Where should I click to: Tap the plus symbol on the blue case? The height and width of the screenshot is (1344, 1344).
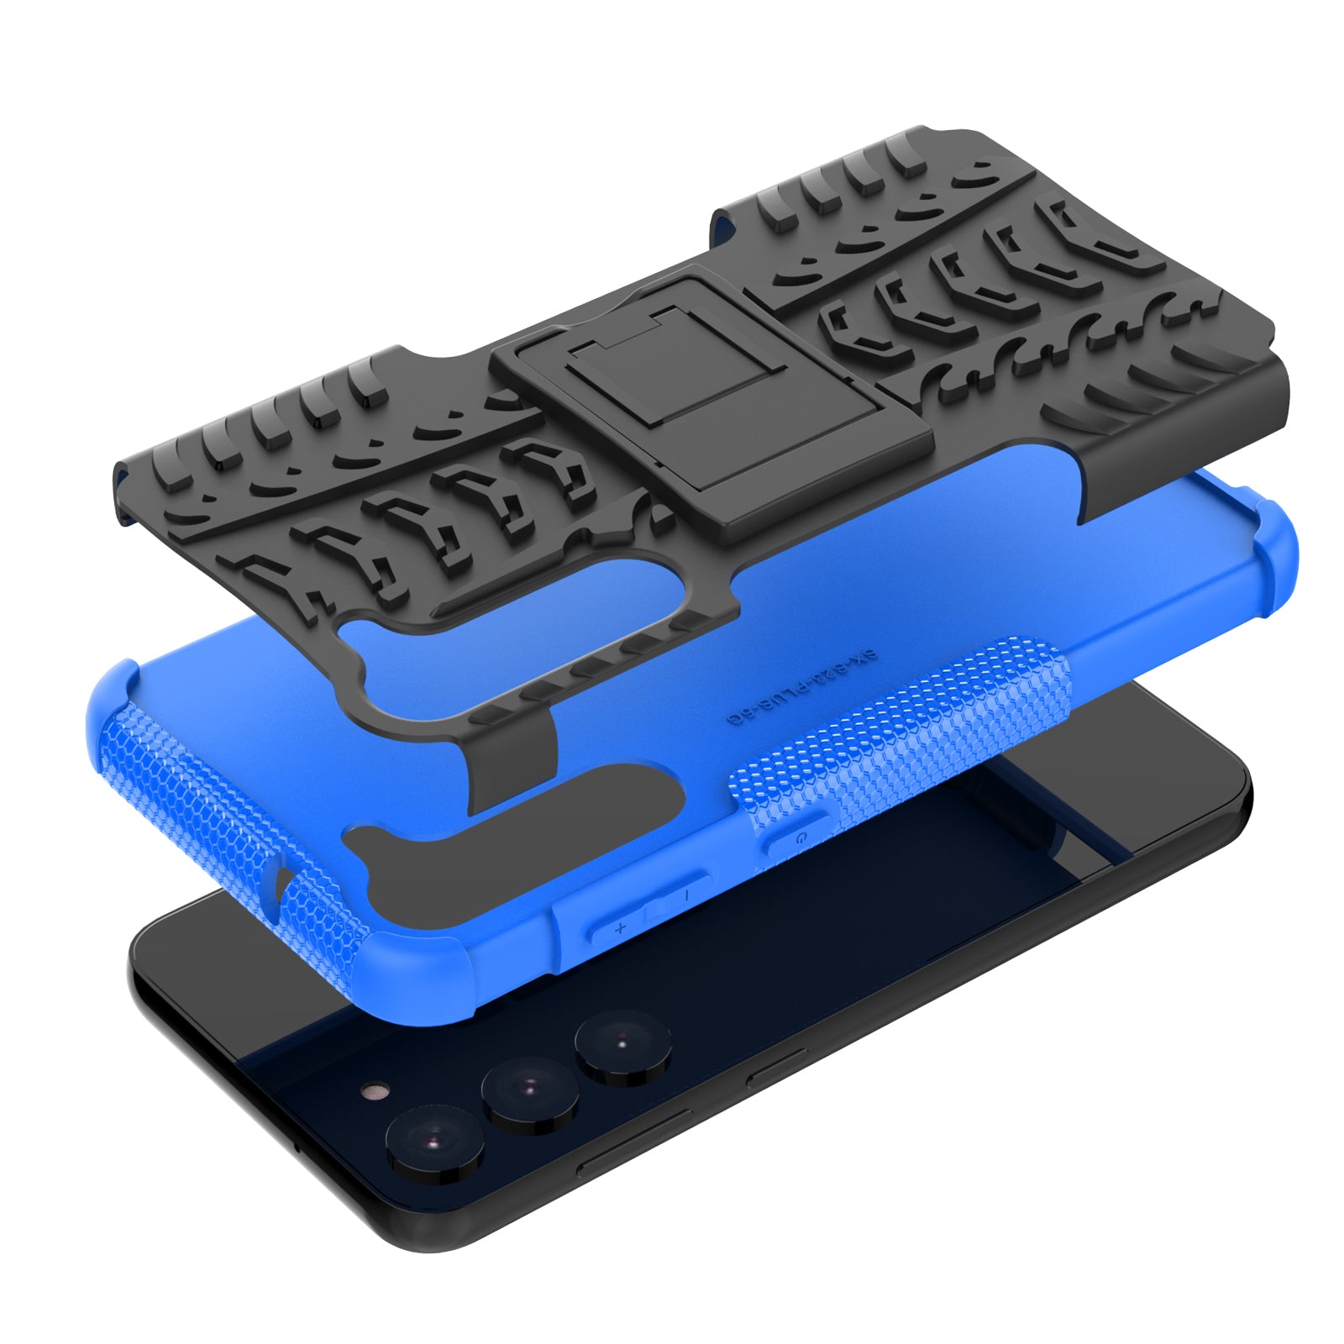click(621, 928)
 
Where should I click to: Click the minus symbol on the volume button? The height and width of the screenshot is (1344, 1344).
click(687, 896)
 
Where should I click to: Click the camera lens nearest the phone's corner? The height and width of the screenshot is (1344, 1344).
click(434, 1142)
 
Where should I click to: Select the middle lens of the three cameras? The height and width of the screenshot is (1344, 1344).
click(529, 1091)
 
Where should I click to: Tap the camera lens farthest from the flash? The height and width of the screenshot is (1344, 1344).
click(622, 1044)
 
